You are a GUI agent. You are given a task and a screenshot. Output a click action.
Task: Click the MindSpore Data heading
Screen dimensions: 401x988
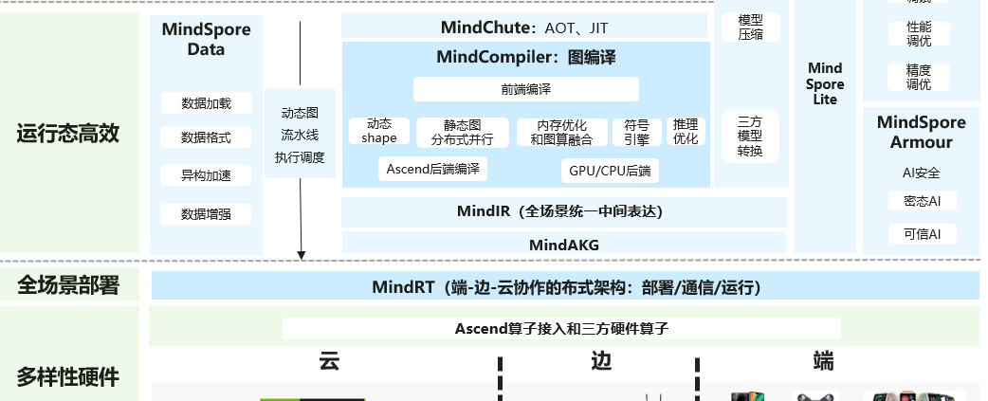206,39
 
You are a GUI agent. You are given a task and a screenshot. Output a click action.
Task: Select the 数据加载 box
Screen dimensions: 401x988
206,102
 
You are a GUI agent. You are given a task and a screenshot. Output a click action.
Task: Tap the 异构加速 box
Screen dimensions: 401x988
206,175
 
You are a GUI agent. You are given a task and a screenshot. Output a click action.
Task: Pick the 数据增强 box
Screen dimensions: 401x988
206,214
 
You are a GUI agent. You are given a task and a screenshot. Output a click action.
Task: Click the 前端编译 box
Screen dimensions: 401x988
525,89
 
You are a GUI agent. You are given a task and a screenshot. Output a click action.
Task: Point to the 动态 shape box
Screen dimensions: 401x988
379,131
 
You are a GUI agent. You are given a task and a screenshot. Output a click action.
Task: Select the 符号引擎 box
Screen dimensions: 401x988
630,132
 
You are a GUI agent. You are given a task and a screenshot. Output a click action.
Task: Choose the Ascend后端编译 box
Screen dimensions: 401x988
432,170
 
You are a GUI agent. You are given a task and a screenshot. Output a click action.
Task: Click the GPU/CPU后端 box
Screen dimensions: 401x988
610,171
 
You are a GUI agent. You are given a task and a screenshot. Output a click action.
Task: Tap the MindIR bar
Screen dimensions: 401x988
563,211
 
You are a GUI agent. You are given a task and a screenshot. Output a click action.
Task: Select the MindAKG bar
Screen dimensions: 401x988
563,244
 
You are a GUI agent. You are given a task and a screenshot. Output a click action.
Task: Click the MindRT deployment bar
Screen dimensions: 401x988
565,286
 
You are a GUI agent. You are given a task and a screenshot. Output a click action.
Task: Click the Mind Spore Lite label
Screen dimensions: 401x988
825,83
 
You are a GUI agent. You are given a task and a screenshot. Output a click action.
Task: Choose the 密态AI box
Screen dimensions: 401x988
922,201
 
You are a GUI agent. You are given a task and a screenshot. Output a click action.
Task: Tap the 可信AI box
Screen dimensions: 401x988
922,234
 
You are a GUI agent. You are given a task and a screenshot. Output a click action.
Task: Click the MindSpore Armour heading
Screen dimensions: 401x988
921,132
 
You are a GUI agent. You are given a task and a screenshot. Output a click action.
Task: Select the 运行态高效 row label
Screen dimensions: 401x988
68,134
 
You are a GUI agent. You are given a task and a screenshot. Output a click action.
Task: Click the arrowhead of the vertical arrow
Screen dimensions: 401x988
302,253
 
